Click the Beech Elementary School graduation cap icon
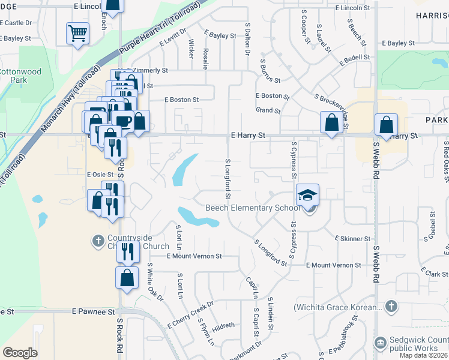point(307,195)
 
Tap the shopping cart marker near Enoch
point(77,34)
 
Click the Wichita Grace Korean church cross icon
point(391,307)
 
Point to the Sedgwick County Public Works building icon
point(379,343)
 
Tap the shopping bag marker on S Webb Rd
point(387,126)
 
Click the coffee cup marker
point(123,121)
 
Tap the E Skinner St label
point(352,239)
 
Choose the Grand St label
point(268,110)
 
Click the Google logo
point(20,353)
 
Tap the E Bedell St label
point(354,60)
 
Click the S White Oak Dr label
point(155,284)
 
